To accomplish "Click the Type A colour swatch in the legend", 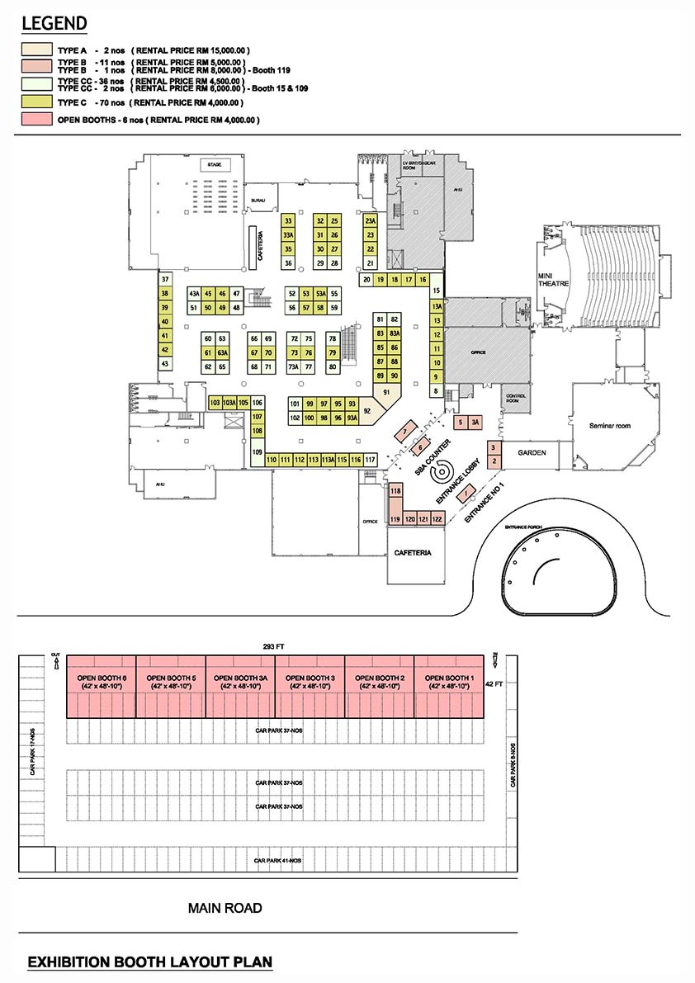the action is click(37, 50).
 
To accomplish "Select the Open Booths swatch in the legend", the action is click(37, 120).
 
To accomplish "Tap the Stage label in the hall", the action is click(215, 165).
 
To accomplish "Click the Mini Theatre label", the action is click(550, 281).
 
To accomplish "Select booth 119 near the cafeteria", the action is click(395, 519).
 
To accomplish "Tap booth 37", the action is click(165, 280).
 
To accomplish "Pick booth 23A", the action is click(371, 221).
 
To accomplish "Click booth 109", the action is click(257, 451).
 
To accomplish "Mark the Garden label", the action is click(527, 454).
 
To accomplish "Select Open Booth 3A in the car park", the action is click(239, 682).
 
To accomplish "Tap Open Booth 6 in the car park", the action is click(101, 682).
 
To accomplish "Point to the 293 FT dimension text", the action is click(274, 645).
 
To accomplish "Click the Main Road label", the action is click(225, 908).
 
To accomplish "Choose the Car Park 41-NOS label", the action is click(278, 861).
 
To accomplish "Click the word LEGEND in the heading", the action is click(54, 22).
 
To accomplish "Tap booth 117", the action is click(371, 460).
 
